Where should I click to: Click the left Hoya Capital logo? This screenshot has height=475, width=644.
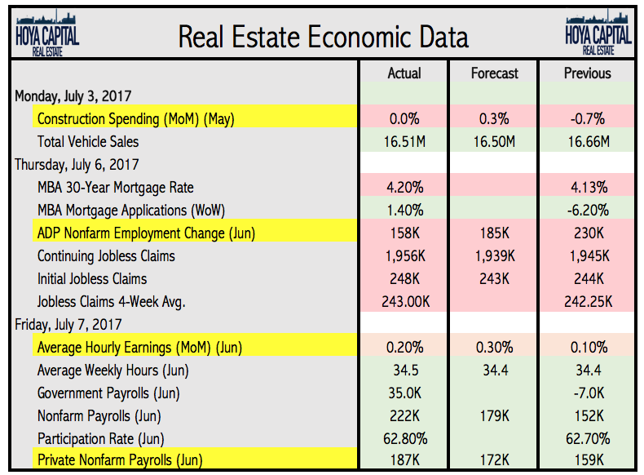47,33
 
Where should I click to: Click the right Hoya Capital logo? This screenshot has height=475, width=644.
598,33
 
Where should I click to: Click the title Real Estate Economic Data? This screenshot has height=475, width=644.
323,37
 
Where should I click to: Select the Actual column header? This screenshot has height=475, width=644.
404,73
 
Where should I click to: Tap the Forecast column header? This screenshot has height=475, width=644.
495,73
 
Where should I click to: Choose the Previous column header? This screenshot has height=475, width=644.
587,73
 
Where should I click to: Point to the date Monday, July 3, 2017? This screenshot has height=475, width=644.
73,96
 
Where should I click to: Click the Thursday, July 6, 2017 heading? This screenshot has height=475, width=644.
77,165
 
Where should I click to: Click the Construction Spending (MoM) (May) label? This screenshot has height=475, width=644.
135,119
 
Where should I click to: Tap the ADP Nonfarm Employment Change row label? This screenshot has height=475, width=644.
146,233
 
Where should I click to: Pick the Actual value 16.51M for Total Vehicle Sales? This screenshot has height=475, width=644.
404,142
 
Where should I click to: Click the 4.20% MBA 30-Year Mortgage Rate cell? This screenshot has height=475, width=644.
404,188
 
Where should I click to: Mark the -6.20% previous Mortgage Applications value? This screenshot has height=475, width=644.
587,211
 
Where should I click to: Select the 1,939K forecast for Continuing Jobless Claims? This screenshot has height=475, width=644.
495,256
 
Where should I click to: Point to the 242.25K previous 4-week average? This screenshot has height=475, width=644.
587,302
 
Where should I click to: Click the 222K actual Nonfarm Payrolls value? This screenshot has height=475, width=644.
404,416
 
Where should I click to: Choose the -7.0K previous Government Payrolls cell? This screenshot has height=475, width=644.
587,393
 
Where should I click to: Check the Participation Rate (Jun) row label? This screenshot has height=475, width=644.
107,439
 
